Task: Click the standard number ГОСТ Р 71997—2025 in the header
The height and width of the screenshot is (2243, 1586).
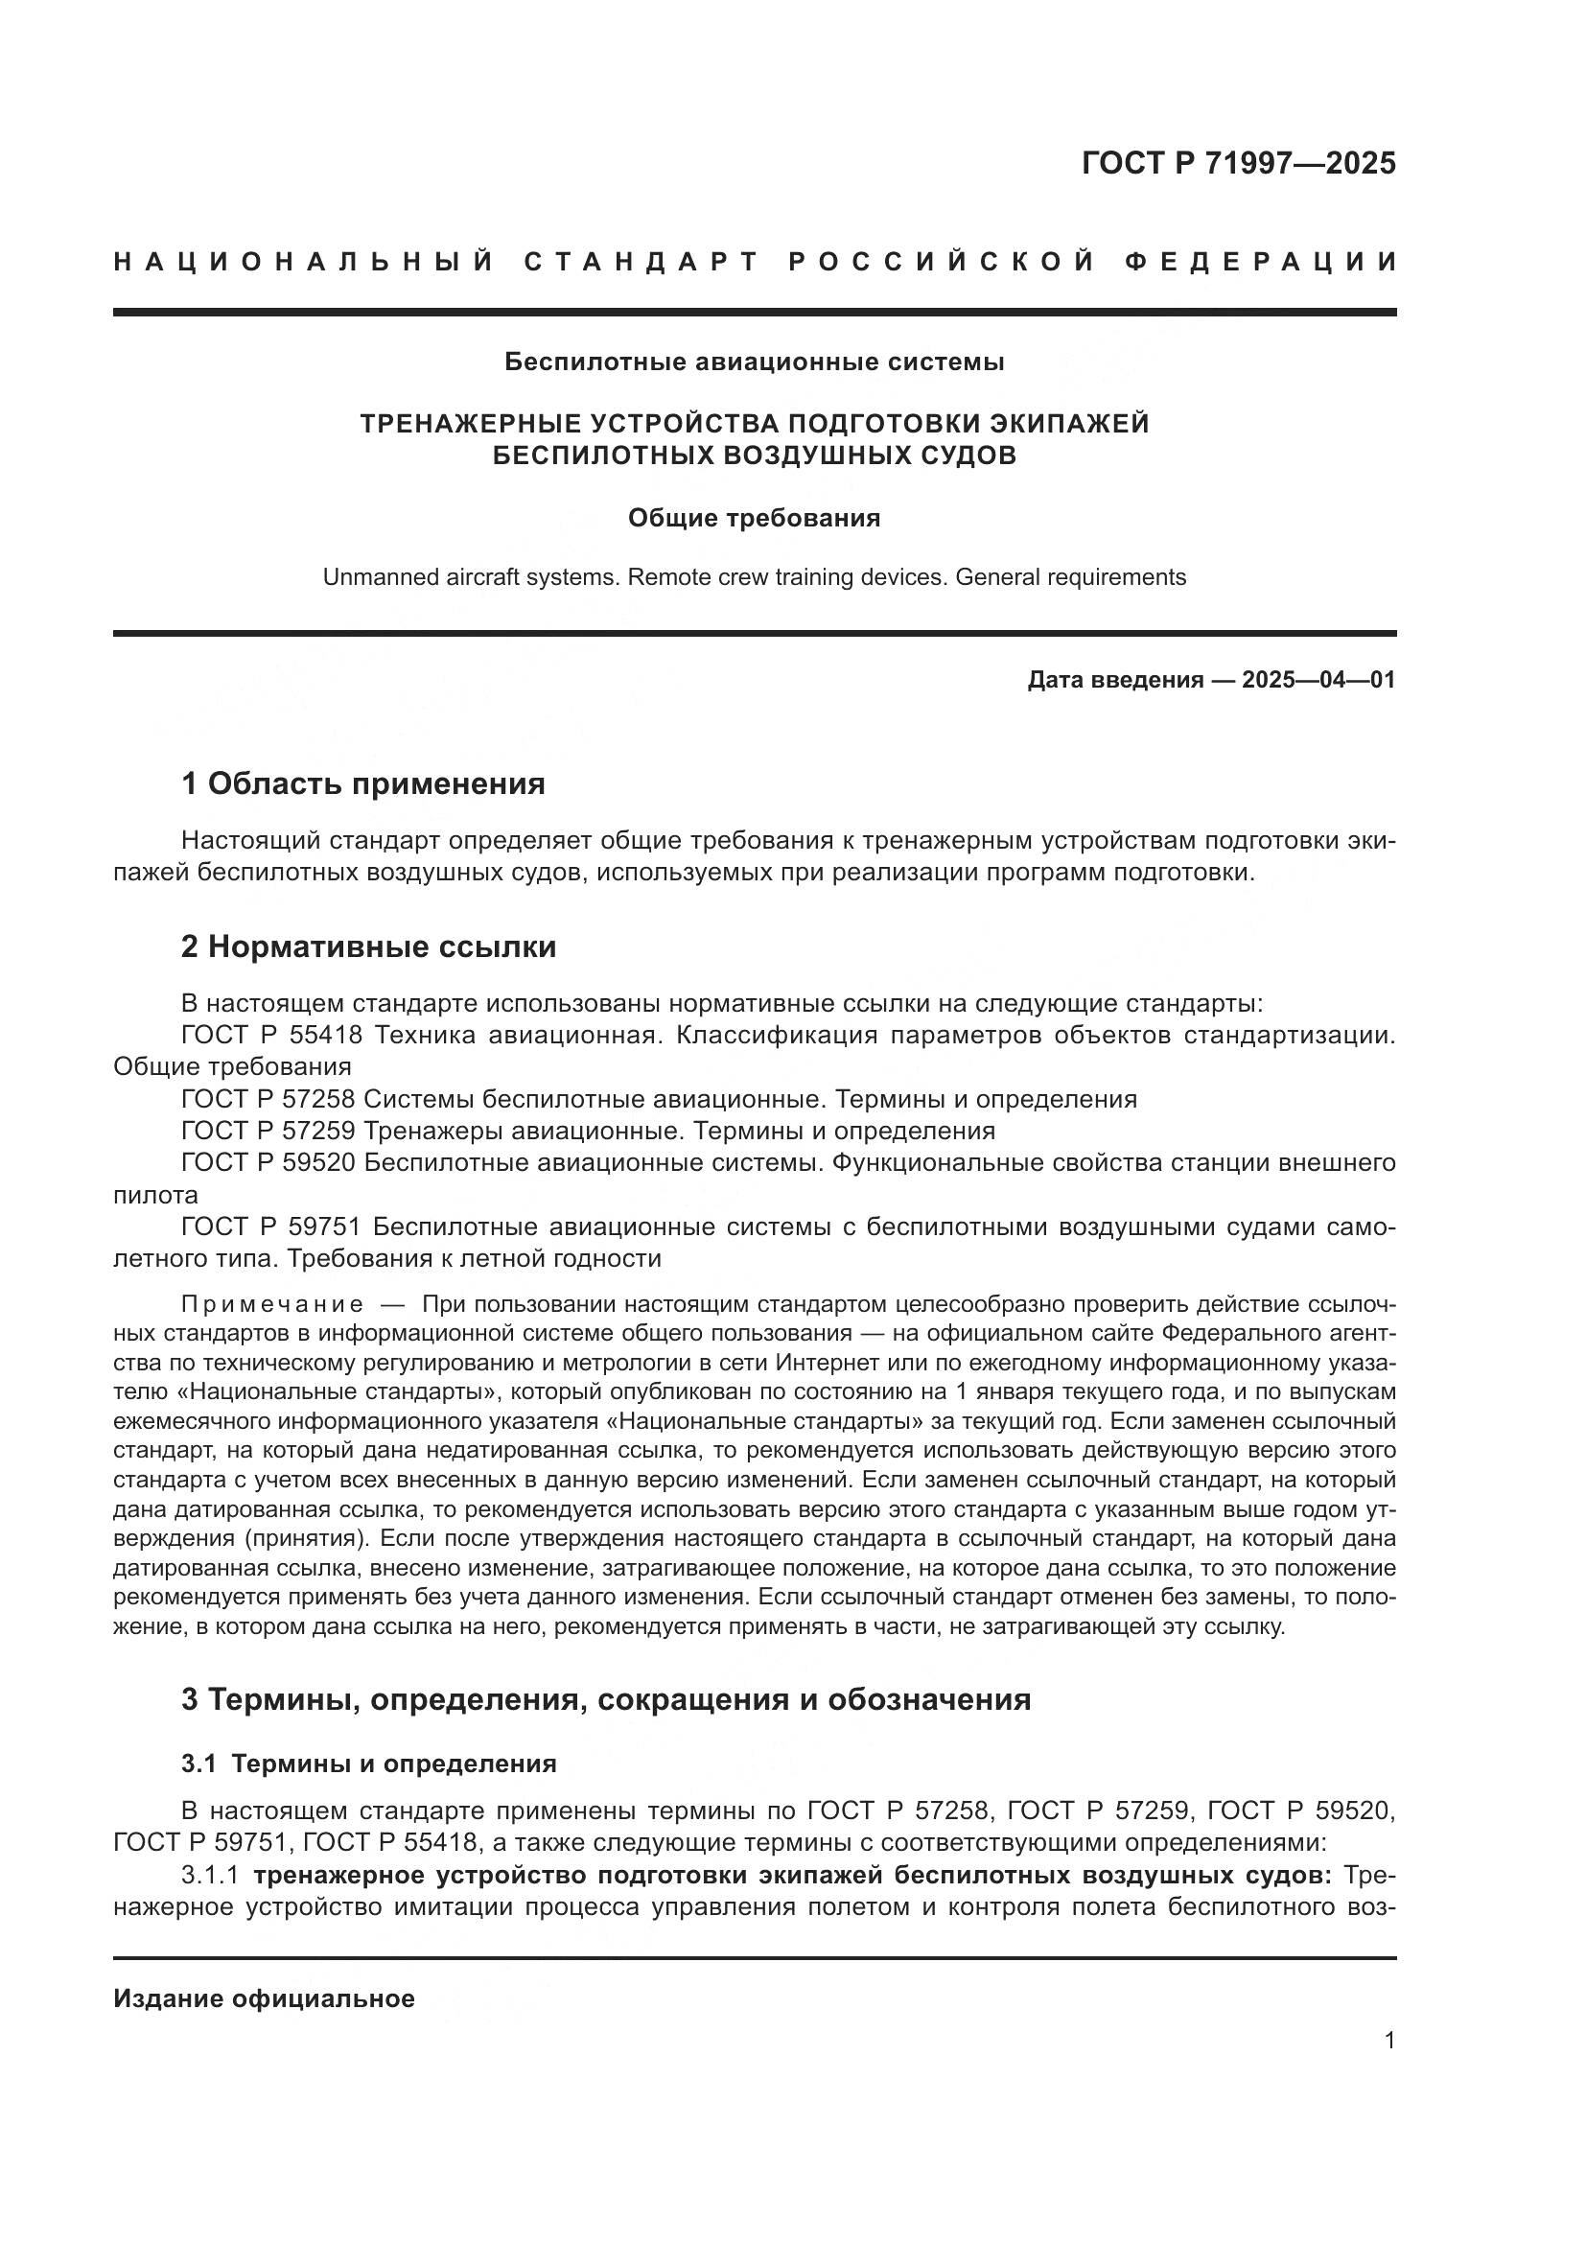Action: coord(1238,163)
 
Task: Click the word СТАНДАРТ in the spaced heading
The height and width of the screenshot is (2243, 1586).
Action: coord(641,262)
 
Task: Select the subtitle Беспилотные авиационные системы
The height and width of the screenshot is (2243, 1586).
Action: coord(754,362)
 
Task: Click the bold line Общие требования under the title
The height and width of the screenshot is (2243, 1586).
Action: coord(754,518)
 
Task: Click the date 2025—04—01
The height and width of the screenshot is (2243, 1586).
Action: coord(1318,680)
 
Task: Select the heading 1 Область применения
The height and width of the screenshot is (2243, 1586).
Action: coord(362,783)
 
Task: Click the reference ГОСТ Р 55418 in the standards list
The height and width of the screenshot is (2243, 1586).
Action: coord(271,1036)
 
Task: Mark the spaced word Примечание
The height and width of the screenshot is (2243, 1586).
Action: coord(272,1305)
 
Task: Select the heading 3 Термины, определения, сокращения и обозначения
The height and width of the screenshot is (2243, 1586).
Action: coord(605,1699)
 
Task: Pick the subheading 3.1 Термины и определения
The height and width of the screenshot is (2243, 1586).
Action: coord(368,1764)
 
